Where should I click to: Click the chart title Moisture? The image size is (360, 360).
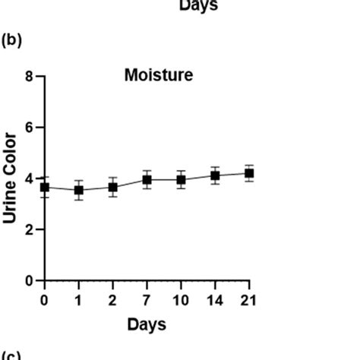coord(159,75)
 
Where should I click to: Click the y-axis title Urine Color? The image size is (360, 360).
coord(10,178)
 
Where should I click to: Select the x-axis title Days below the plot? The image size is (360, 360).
coord(147,324)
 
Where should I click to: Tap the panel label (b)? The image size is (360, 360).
coord(12,40)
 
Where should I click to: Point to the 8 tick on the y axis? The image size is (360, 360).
coord(29,77)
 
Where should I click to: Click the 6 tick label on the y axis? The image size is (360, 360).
coord(29,128)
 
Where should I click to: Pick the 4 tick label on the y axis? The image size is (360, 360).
coord(29,178)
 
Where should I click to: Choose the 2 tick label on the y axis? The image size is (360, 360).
coord(29,229)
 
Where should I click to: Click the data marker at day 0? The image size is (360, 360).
coord(45,187)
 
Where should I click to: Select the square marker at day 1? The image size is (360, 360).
coord(79,190)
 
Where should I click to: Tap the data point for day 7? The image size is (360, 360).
coord(147,179)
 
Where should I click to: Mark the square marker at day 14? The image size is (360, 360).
coord(215,175)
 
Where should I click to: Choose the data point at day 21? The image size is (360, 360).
coord(248,173)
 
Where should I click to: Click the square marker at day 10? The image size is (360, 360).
coord(181,179)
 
